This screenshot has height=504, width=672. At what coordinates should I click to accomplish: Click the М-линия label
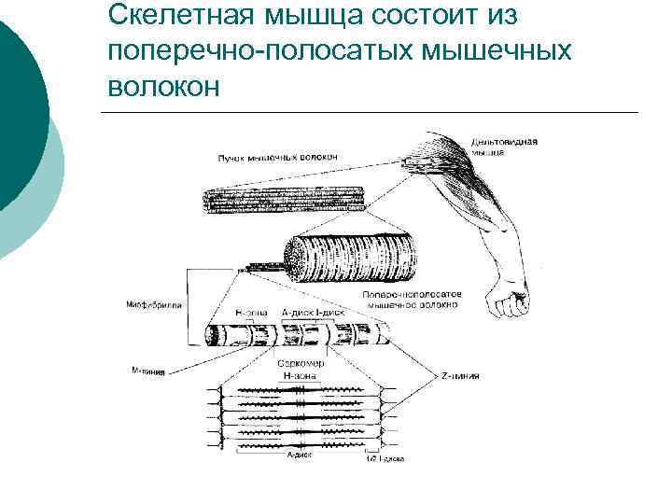[148, 371]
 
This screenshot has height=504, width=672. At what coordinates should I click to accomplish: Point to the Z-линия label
[461, 375]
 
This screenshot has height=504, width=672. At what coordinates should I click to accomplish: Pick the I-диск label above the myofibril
[323, 311]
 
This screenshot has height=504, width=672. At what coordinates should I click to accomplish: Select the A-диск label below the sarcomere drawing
[300, 455]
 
